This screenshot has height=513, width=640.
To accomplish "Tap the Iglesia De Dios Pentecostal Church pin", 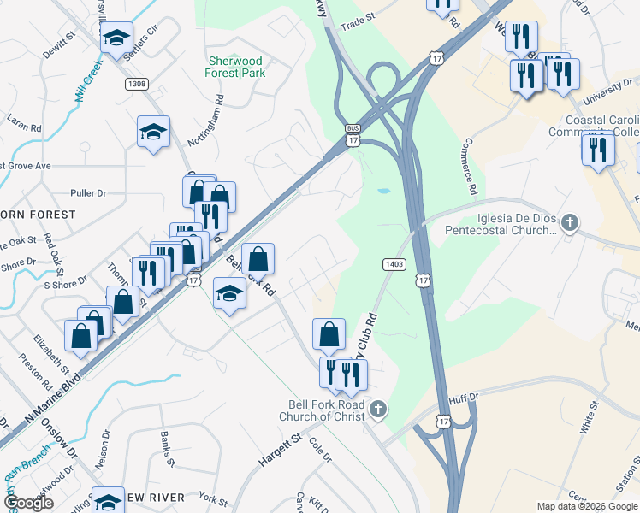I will pos(569,224).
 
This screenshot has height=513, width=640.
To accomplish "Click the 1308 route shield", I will pos(136,83).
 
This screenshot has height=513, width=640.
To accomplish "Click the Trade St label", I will pos(358,16).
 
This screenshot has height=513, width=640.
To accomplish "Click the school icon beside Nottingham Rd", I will pos(153,131).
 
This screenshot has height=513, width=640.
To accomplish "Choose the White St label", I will pos(588,421).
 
